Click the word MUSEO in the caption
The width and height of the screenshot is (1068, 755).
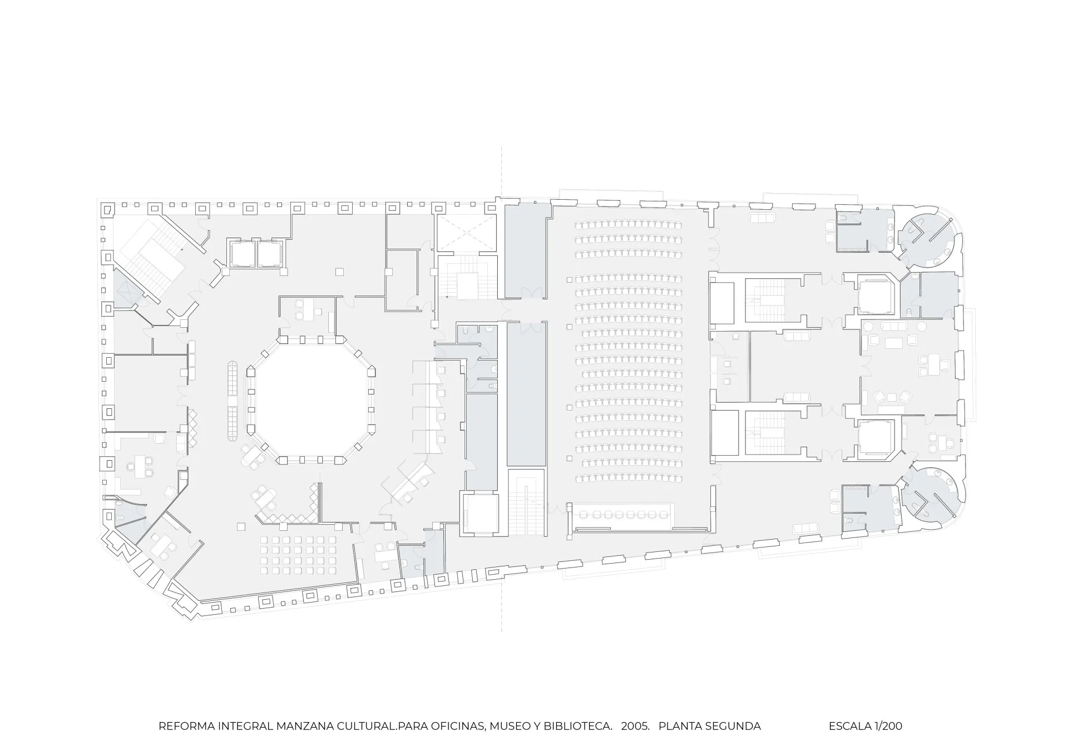510,726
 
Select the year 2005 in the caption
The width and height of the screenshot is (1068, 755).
635,726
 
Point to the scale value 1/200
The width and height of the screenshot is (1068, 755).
888,726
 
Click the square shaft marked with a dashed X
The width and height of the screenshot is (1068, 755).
464,232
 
